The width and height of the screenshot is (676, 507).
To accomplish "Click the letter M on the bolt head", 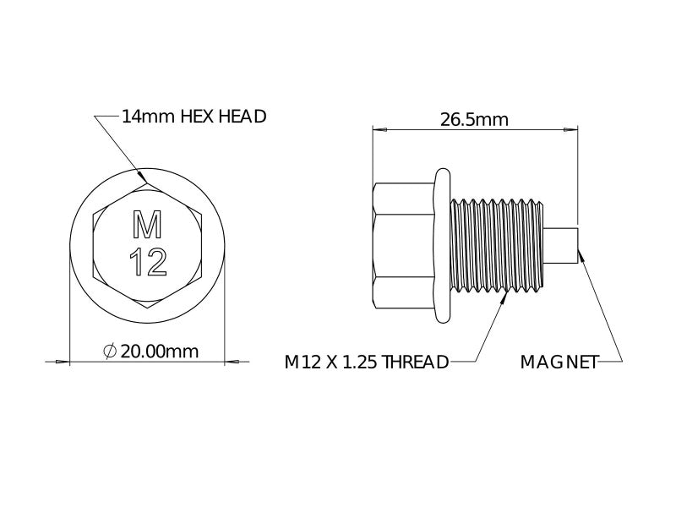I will coord(148,226).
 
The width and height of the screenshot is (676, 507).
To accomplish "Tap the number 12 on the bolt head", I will coord(149,262).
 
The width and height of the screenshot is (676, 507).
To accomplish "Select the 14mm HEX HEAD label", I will coord(194,116).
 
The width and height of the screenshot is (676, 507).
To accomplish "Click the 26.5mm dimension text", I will coord(474,119).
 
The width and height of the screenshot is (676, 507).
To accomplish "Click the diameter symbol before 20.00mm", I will coord(109,351).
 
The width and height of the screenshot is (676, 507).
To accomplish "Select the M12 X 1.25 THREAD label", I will coord(366,363).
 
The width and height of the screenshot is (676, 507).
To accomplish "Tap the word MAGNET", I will coord(559,363).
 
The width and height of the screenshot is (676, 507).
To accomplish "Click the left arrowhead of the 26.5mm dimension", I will coord(379,130).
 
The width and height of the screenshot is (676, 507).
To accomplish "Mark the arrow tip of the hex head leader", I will coord(144,180).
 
